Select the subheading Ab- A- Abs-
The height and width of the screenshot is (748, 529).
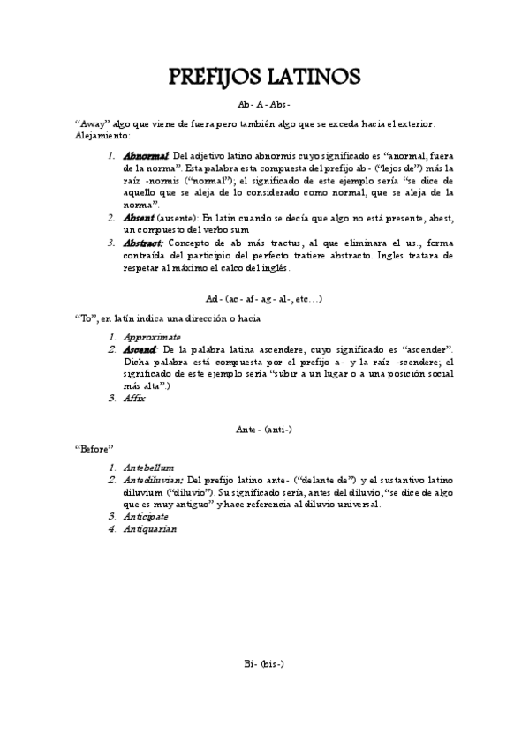[x=264, y=104]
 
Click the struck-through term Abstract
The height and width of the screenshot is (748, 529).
[x=144, y=242]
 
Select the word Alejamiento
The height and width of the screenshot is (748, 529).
[x=102, y=136]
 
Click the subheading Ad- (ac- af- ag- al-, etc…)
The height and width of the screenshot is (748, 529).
[x=264, y=298]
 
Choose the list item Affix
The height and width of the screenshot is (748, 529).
[x=135, y=398]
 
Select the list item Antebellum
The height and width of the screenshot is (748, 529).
[x=149, y=467]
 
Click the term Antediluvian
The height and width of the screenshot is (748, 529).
[x=155, y=479]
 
